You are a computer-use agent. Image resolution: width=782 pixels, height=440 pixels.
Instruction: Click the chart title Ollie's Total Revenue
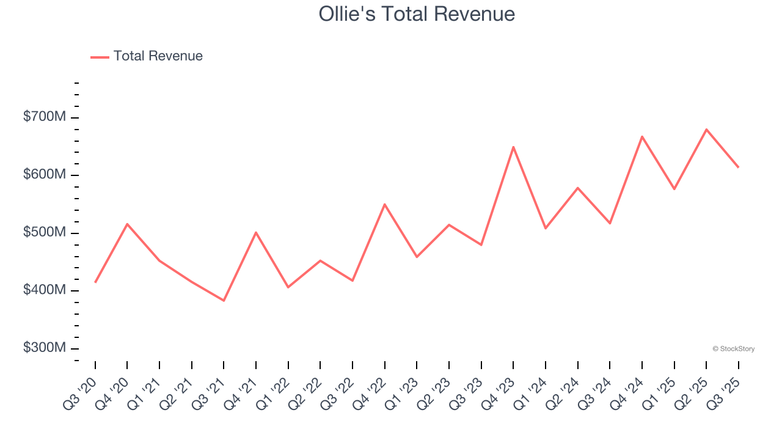click(417, 14)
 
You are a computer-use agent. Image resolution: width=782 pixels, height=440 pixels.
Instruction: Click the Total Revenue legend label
click(158, 56)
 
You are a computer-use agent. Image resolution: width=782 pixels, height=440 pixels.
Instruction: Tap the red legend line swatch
click(100, 57)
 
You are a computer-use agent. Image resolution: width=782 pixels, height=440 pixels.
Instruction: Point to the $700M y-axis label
click(45, 116)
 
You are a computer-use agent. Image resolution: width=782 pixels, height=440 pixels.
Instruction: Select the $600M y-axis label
click(45, 174)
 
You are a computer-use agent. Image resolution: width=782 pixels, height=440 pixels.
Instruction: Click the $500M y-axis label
click(45, 232)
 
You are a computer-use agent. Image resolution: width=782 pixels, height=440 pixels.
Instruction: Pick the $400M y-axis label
click(45, 290)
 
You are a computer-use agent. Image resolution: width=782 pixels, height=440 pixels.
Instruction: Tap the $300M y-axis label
click(45, 348)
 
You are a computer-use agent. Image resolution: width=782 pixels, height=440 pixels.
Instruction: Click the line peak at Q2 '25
click(706, 129)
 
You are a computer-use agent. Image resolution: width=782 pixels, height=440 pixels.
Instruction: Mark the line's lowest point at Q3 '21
click(224, 301)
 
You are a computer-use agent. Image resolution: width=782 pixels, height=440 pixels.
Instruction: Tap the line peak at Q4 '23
click(513, 147)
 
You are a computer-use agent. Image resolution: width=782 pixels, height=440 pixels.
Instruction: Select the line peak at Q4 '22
click(384, 204)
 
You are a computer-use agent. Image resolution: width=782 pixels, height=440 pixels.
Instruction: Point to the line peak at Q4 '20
click(127, 224)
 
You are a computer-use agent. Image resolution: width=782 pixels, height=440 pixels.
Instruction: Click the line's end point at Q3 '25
click(738, 167)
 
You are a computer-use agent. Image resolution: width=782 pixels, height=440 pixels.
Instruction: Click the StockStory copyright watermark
click(733, 349)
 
